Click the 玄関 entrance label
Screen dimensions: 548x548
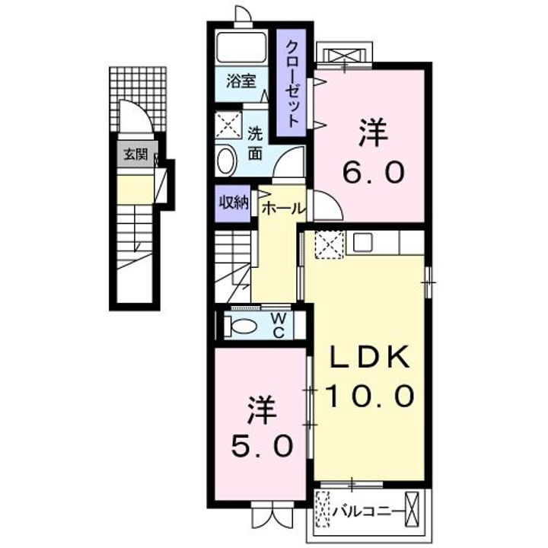[x=136, y=154]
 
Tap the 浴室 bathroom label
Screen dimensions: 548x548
[x=241, y=81]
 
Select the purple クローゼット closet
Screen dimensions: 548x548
[x=292, y=83]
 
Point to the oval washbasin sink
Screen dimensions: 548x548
[x=227, y=161]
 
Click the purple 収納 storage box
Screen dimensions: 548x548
[x=232, y=203]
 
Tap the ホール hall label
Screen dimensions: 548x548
[x=283, y=209]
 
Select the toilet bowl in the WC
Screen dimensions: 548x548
[x=241, y=326]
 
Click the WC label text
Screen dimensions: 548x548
[x=279, y=326]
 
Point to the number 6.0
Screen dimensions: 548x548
[x=373, y=172]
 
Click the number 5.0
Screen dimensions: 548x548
[x=261, y=446]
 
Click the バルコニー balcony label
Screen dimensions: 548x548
[x=366, y=511]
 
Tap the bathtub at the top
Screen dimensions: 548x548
[x=241, y=47]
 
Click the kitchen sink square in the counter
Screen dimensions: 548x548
[x=362, y=243]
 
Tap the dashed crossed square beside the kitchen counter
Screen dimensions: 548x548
[x=329, y=244]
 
